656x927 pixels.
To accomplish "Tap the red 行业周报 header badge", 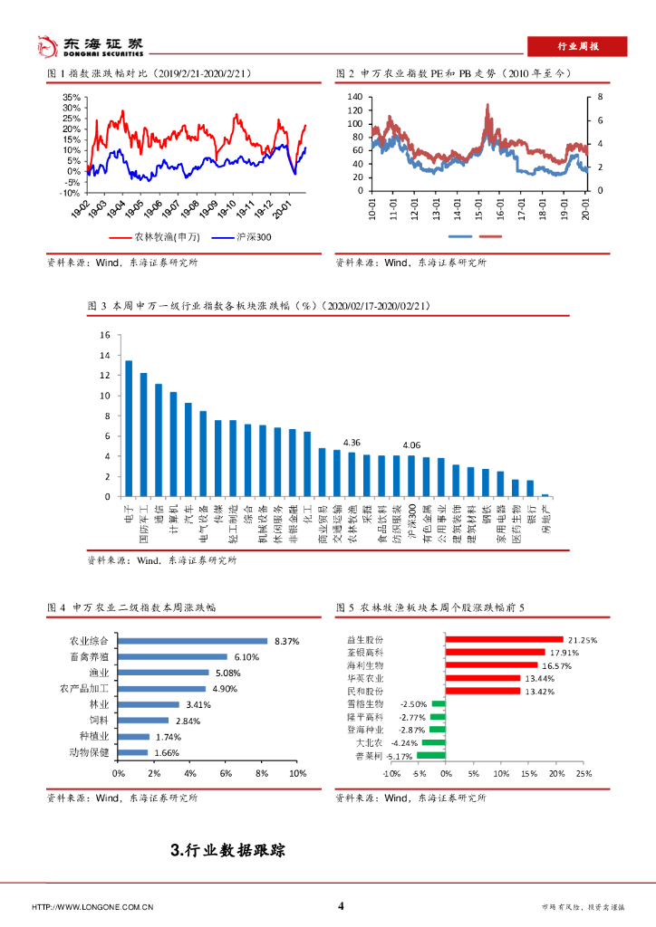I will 578,46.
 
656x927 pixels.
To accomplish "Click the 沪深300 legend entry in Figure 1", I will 242,237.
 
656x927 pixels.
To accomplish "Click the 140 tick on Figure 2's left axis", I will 354,97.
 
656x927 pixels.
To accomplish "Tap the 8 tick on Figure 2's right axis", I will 599,97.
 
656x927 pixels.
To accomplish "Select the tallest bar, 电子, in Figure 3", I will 128,428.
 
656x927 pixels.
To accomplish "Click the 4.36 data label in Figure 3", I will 352,442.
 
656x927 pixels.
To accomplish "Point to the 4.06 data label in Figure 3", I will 411,444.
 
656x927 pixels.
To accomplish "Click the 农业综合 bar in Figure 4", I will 193,641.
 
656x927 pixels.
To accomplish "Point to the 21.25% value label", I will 583,640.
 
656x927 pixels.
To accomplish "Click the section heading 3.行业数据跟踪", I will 227,850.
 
